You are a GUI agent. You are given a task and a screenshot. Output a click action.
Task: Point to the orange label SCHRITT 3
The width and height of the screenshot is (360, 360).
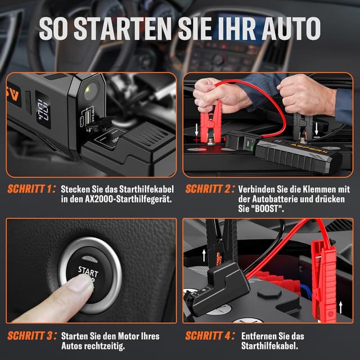pyautogui.click(x=31, y=336)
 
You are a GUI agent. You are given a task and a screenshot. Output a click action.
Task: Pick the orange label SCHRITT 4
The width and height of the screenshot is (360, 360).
pyautogui.click(x=208, y=336)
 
